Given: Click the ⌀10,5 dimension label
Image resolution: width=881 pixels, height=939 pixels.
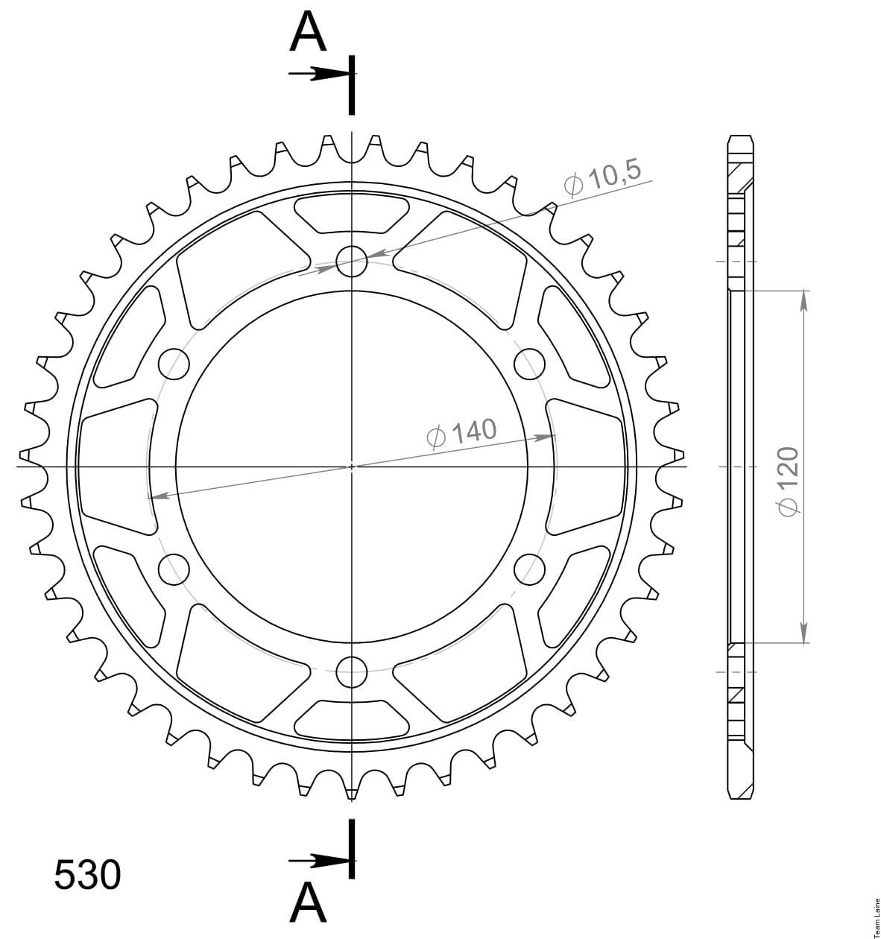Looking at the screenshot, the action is [x=603, y=178].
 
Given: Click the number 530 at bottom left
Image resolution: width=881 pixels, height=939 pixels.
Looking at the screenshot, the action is [x=87, y=874].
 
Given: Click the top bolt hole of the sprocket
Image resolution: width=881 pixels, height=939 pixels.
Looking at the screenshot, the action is [x=351, y=261].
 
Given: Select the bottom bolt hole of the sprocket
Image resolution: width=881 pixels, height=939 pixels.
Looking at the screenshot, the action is [x=351, y=672].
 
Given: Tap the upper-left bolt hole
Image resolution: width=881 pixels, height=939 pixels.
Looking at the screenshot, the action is [x=174, y=364].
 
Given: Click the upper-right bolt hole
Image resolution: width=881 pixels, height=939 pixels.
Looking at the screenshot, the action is [x=529, y=364].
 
